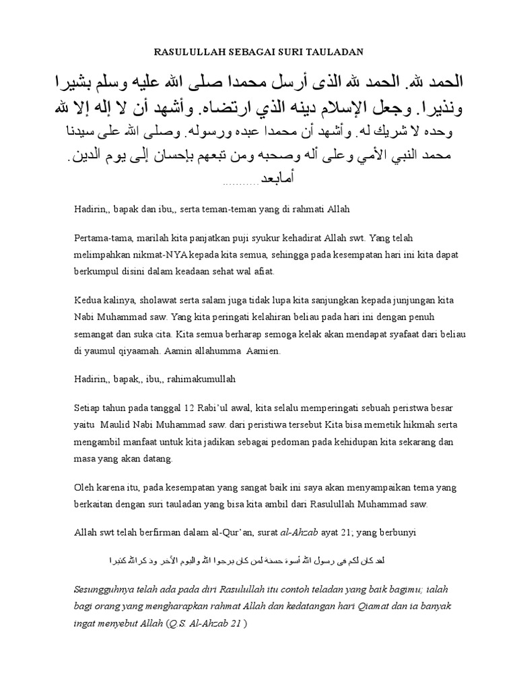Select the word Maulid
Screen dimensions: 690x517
[117, 425]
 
